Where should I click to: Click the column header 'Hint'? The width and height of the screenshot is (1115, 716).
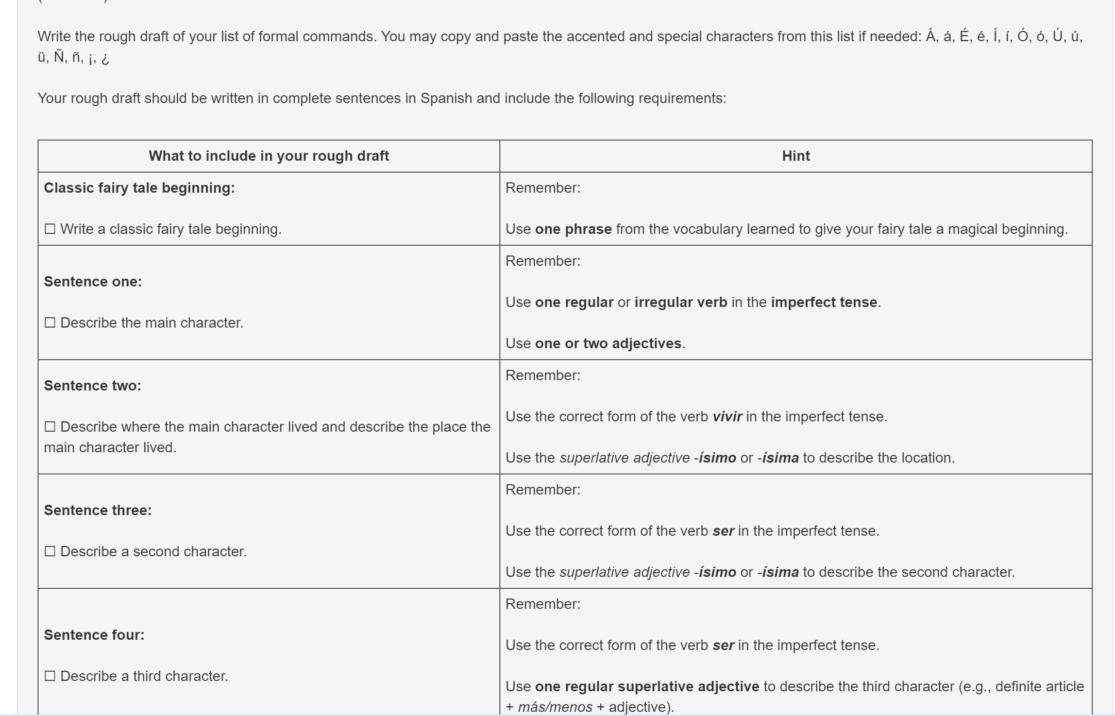[796, 156]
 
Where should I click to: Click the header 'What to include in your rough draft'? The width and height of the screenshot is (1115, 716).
[268, 156]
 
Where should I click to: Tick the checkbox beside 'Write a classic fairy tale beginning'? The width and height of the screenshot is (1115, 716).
[50, 229]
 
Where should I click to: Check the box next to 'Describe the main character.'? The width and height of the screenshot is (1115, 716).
[50, 322]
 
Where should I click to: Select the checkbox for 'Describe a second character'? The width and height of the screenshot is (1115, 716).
[50, 551]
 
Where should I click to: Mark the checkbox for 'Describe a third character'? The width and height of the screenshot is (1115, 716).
[50, 676]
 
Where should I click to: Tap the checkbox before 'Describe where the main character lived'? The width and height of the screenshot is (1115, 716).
[50, 427]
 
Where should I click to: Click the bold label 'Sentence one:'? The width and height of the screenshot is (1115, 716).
[93, 282]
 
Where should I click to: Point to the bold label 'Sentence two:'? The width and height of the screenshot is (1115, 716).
[92, 386]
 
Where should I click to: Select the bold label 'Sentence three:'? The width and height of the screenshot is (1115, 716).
[97, 510]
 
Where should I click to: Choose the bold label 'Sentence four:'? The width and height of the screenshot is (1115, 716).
[94, 635]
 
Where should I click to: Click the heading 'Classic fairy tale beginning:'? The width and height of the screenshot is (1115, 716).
[139, 188]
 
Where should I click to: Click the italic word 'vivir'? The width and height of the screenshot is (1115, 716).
[727, 417]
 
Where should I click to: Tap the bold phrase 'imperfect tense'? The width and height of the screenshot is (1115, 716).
[823, 302]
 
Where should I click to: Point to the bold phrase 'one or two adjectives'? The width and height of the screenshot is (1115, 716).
[608, 344]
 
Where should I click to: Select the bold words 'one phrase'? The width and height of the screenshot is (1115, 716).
[573, 229]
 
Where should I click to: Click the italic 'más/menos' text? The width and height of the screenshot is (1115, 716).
[554, 707]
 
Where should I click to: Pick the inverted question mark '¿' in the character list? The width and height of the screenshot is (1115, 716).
[105, 58]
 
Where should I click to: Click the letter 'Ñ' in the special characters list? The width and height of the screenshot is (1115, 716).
[59, 57]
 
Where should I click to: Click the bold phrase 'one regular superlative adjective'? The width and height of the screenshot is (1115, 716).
[647, 687]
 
